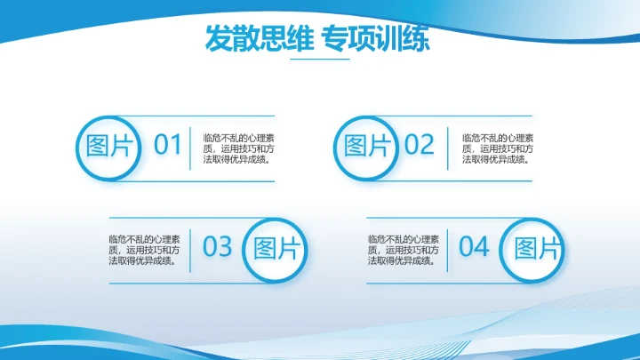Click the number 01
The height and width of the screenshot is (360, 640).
pyautogui.click(x=167, y=145)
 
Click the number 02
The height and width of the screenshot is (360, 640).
pyautogui.click(x=420, y=145)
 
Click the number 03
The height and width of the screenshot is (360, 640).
pyautogui.click(x=217, y=247)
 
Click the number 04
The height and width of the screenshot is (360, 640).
pyautogui.click(x=475, y=247)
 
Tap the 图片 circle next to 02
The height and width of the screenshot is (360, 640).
pyautogui.click(x=367, y=146)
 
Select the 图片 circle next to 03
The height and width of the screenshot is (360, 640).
pyautogui.click(x=276, y=248)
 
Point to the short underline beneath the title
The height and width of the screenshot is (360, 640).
pyautogui.click(x=320, y=60)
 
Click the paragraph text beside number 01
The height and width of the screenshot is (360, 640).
pyautogui.click(x=237, y=148)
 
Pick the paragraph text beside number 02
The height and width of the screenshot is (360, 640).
pyautogui.click(x=498, y=148)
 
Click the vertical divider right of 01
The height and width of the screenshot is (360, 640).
pyautogui.click(x=190, y=148)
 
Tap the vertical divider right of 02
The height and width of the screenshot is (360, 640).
pyautogui.click(x=448, y=148)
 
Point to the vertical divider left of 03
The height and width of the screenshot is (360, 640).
pyautogui.click(x=193, y=250)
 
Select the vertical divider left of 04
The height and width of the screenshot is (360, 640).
pyautogui.click(x=449, y=250)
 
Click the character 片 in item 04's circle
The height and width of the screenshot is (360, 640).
pyautogui.click(x=550, y=248)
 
